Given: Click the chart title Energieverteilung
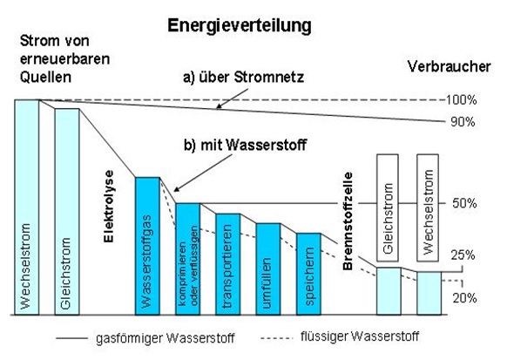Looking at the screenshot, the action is pyautogui.click(x=240, y=26).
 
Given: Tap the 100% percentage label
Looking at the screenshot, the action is pyautogui.click(x=462, y=100).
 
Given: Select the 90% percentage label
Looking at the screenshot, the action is pyautogui.click(x=463, y=122).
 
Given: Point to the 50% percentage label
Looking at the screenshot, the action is pyautogui.click(x=464, y=203).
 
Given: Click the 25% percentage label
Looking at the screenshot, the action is pyautogui.click(x=463, y=255).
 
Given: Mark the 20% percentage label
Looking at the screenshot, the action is pyautogui.click(x=464, y=298).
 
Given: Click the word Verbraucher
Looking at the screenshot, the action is pyautogui.click(x=450, y=66).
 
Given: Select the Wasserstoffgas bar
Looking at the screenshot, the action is pyautogui.click(x=147, y=246).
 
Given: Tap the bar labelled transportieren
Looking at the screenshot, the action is pyautogui.click(x=228, y=264).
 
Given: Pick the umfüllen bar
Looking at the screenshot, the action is pyautogui.click(x=268, y=269).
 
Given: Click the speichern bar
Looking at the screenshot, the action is pyautogui.click(x=308, y=274).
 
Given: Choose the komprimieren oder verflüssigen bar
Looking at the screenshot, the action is pyautogui.click(x=188, y=259).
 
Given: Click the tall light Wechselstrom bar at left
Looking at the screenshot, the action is pyautogui.click(x=27, y=207).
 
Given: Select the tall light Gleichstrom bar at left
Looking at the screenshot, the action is pyautogui.click(x=67, y=212).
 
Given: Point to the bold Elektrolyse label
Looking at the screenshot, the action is pyautogui.click(x=109, y=207).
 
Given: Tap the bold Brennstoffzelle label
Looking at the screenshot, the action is pyautogui.click(x=348, y=221).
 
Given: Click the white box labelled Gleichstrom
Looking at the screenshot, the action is pyautogui.click(x=388, y=207).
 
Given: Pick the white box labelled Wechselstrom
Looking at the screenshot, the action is pyautogui.click(x=428, y=207).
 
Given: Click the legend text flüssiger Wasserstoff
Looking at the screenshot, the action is pyautogui.click(x=360, y=336).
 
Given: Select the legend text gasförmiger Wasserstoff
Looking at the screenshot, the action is pyautogui.click(x=166, y=338).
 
